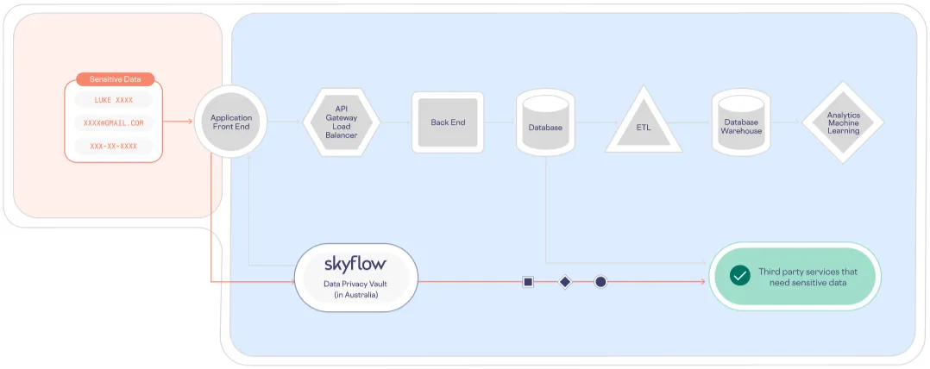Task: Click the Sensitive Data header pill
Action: pyautogui.click(x=115, y=79)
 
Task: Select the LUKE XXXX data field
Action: pyautogui.click(x=114, y=100)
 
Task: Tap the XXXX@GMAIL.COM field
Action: pyautogui.click(x=114, y=123)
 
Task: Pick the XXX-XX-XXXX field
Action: pyautogui.click(x=114, y=146)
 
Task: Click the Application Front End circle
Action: pyautogui.click(x=230, y=122)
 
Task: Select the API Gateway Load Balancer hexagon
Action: pyautogui.click(x=341, y=122)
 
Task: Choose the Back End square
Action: pyautogui.click(x=448, y=122)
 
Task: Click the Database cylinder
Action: pyautogui.click(x=545, y=124)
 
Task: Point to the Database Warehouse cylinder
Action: pyautogui.click(x=742, y=124)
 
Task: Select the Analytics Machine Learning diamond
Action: pyautogui.click(x=843, y=122)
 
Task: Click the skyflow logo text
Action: pyautogui.click(x=355, y=264)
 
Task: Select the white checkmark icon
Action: pyautogui.click(x=739, y=275)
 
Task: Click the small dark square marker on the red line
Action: pyautogui.click(x=528, y=282)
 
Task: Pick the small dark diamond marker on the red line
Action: pyautogui.click(x=564, y=282)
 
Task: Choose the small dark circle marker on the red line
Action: pyautogui.click(x=600, y=282)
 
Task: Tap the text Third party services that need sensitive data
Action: pyautogui.click(x=802, y=277)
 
